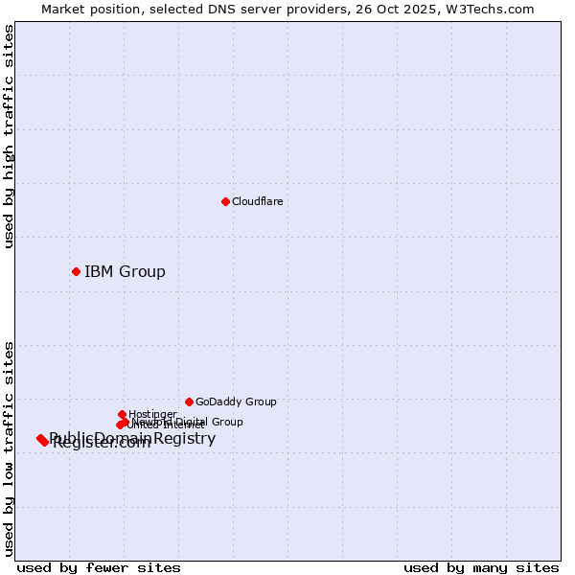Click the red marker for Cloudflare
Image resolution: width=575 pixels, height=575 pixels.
[225, 201]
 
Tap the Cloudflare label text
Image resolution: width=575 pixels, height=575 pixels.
[257, 201]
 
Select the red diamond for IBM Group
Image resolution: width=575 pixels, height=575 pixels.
[76, 271]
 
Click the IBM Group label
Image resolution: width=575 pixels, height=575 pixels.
[125, 271]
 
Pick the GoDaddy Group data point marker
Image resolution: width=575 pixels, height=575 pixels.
[189, 402]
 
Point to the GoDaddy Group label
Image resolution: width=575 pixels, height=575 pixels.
[236, 402]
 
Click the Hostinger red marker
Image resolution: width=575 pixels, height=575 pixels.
[122, 414]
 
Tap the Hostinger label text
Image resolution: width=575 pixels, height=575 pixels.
[152, 414]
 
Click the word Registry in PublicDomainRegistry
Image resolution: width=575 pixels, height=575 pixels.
[185, 438]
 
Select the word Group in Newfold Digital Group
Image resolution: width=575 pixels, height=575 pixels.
[226, 422]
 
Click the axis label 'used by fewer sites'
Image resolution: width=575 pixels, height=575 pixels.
[99, 567]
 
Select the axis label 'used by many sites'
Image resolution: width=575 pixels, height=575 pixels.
[481, 567]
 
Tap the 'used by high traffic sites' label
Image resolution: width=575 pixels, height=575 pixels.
[9, 136]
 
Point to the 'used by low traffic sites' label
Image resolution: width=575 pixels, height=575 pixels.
[9, 448]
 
